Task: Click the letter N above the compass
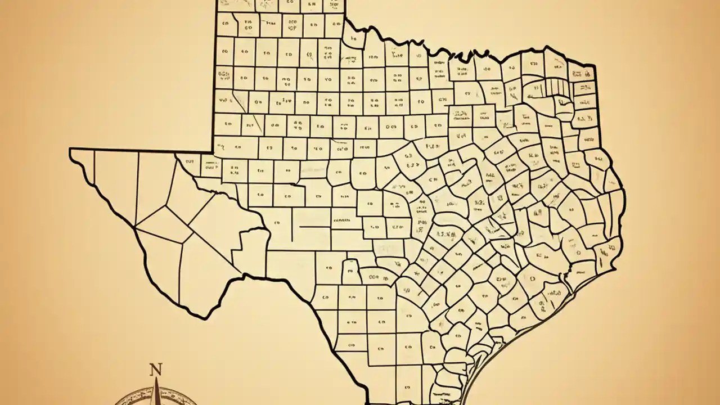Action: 156,370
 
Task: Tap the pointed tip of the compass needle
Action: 157,378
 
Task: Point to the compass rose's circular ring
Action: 127,397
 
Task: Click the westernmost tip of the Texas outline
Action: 70,149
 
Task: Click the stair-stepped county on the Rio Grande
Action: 251,247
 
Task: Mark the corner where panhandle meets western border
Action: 214,152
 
